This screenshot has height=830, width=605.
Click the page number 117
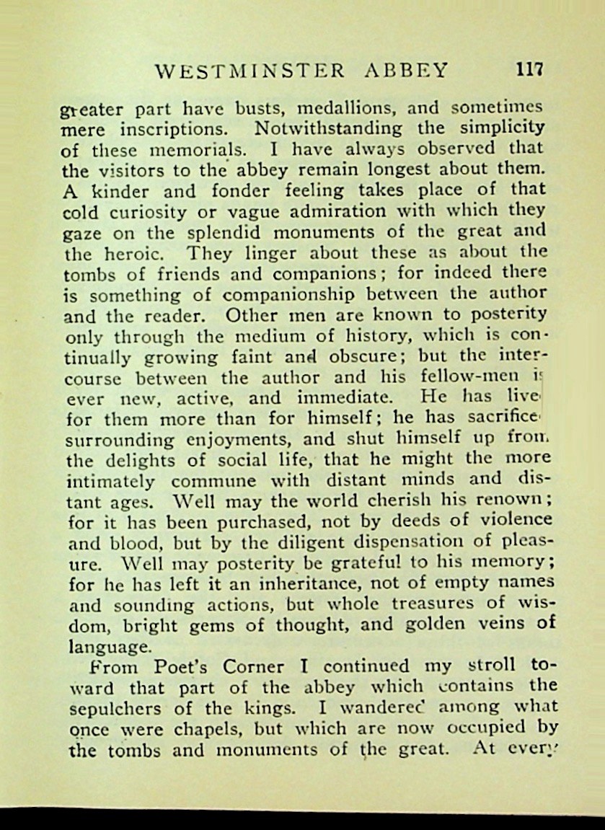528,70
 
